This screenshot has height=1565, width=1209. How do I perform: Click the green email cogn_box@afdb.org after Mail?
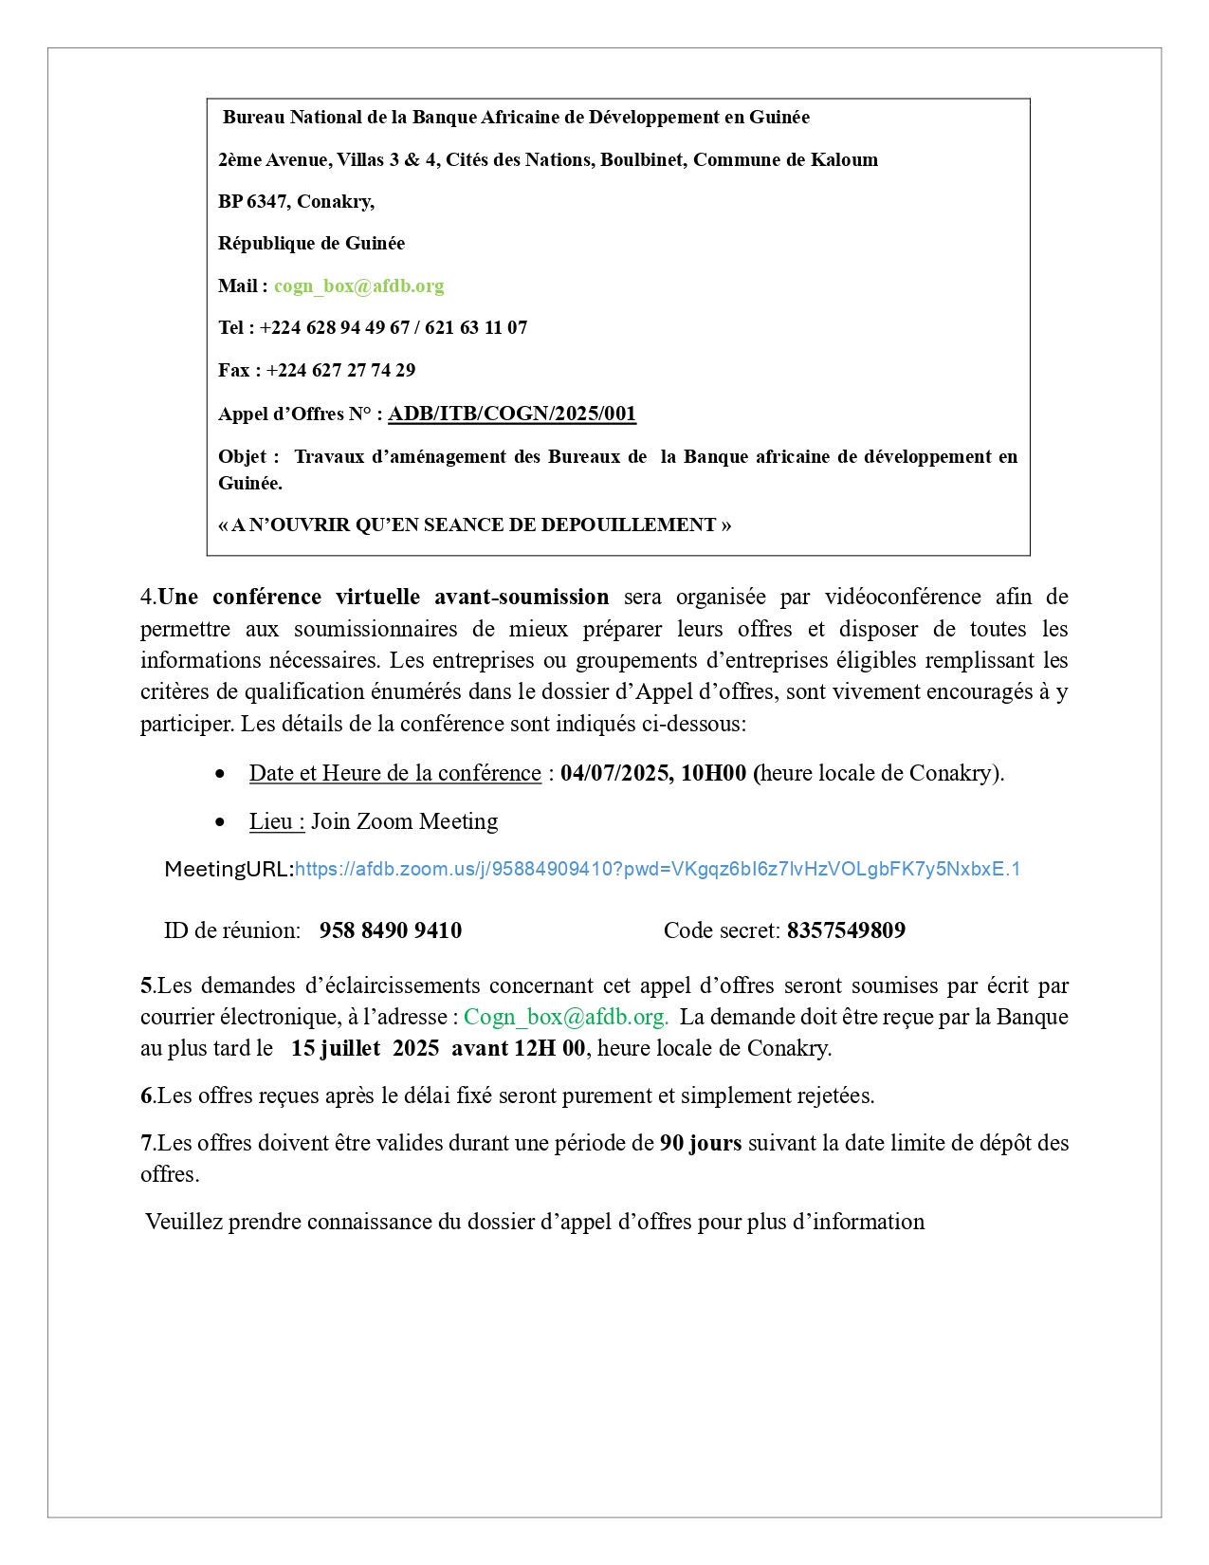point(358,285)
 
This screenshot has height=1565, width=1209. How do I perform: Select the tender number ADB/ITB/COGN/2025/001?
point(512,414)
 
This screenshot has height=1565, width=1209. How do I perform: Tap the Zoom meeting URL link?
point(657,869)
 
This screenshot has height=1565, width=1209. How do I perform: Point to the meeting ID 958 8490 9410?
point(391,930)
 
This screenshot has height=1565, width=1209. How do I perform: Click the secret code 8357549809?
point(846,930)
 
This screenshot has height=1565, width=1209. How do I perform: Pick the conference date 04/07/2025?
point(614,773)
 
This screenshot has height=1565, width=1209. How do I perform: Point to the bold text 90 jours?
point(701,1143)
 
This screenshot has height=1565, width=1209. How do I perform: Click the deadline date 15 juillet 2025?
point(365,1048)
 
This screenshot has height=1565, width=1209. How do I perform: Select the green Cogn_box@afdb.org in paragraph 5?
point(566,1017)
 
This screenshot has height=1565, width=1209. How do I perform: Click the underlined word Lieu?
point(275,821)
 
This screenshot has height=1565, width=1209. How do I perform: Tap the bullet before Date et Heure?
point(220,774)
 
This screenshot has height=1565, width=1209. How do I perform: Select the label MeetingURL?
point(229,869)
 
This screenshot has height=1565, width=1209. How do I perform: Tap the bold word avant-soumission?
point(522,597)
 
